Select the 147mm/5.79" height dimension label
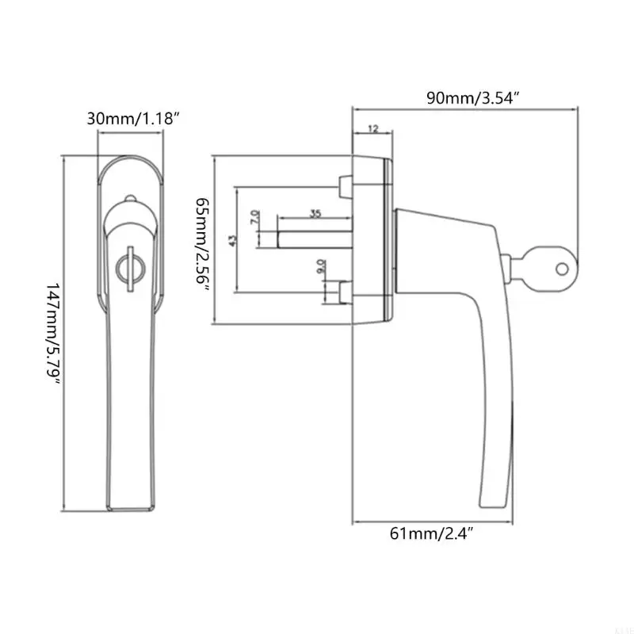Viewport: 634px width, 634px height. (53, 332)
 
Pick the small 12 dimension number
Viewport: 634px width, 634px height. (372, 128)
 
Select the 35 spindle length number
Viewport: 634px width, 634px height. (315, 214)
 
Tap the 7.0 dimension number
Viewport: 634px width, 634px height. (254, 216)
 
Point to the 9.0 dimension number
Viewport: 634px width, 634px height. (320, 267)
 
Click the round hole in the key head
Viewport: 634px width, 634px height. (562, 268)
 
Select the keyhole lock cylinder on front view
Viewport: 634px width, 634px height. (126, 267)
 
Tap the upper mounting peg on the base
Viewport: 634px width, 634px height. (344, 186)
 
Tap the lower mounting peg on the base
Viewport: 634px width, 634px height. (344, 293)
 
